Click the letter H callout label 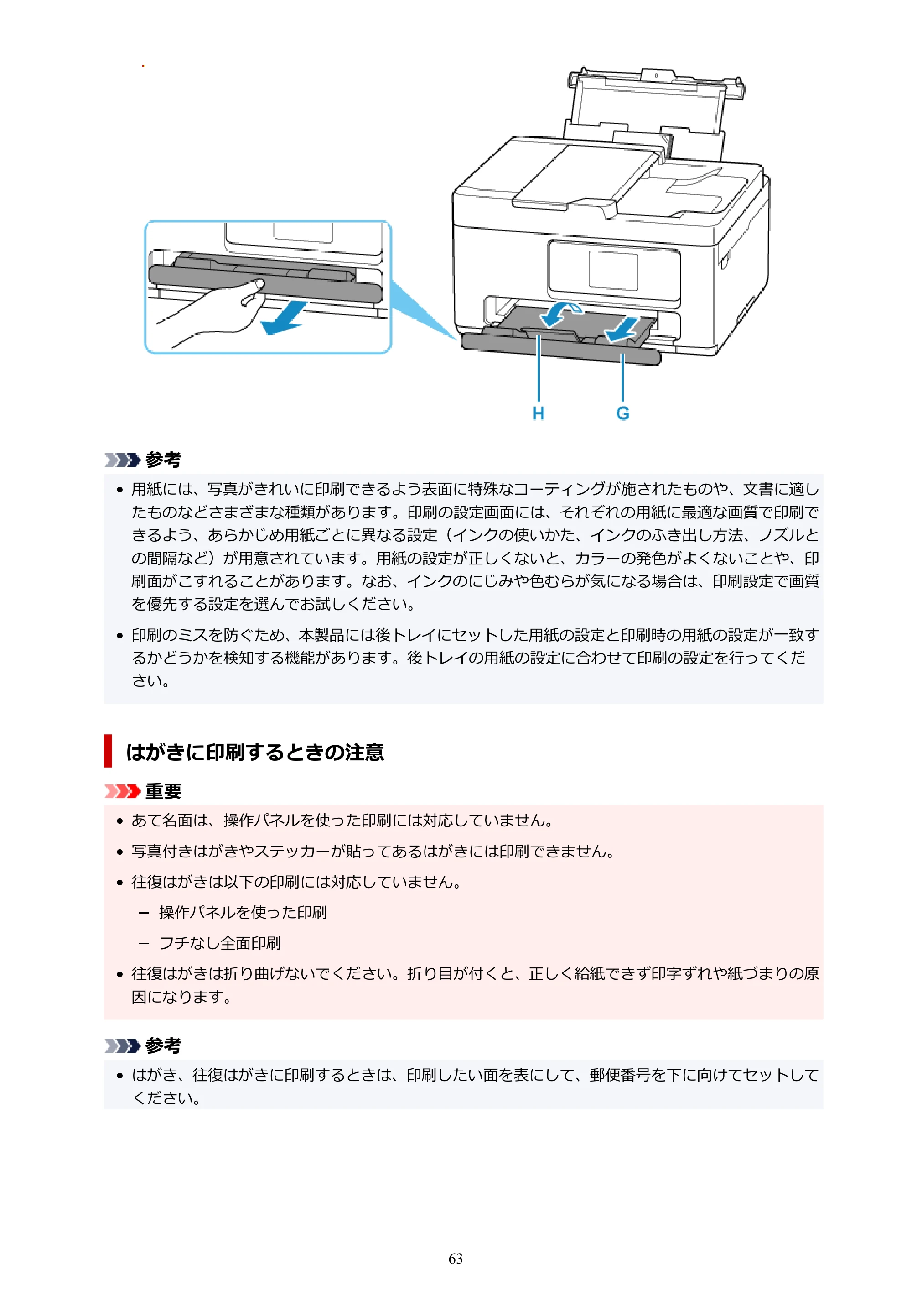(539, 413)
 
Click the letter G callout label (622, 413)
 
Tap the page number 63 (456, 1259)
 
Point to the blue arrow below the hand (284, 319)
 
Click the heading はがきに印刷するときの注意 (255, 752)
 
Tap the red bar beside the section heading (108, 751)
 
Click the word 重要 (164, 791)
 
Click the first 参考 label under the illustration (164, 460)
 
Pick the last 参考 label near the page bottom (164, 1045)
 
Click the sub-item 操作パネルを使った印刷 (243, 912)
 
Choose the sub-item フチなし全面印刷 (220, 943)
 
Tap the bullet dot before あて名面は (119, 821)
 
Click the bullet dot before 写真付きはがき (119, 852)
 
